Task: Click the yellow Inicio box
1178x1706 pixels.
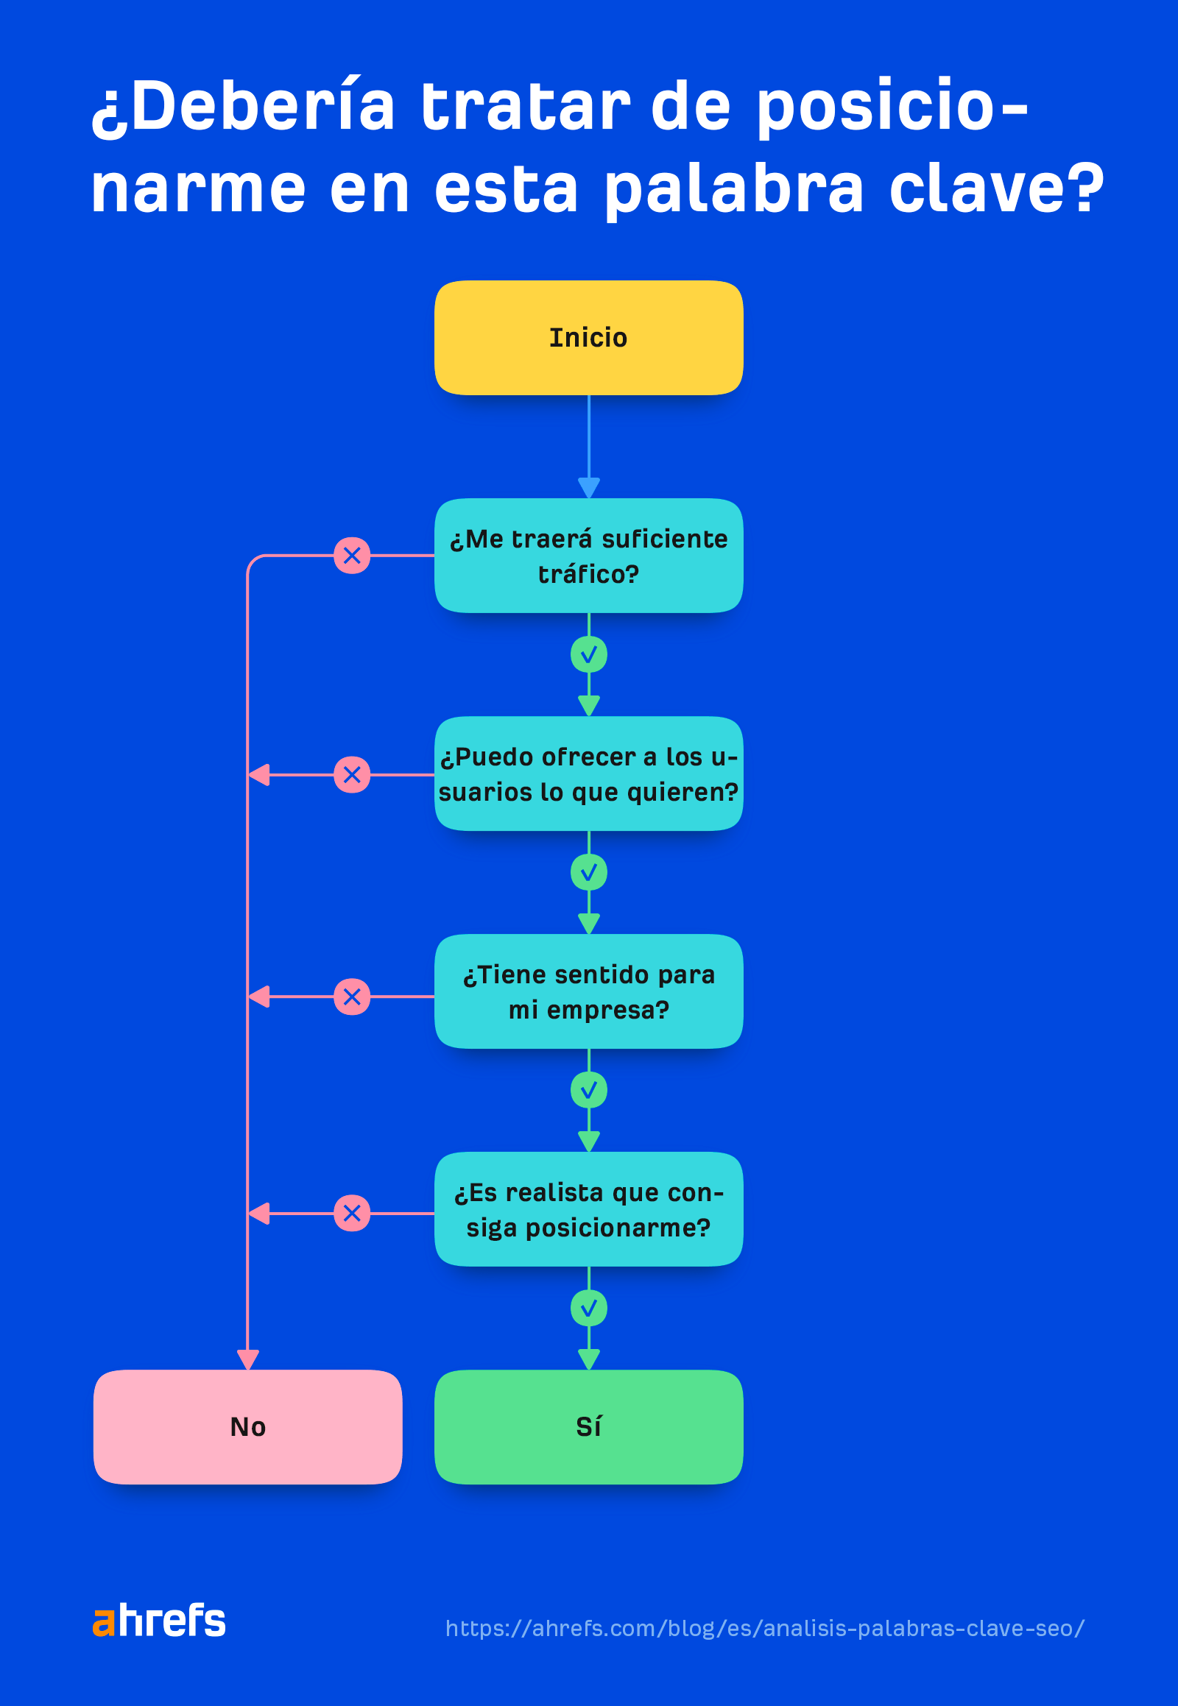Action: pos(588,337)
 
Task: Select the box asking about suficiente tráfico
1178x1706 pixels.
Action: pos(588,556)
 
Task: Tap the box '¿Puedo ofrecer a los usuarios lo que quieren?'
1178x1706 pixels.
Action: pos(588,774)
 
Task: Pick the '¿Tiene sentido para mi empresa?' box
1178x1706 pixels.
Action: pos(588,991)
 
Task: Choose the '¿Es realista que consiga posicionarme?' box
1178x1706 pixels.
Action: pos(588,1208)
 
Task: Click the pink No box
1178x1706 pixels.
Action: pos(247,1426)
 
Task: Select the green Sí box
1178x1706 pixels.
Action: pos(588,1426)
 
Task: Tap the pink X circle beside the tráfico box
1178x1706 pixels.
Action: pos(352,556)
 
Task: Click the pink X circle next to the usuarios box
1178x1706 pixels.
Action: pos(352,775)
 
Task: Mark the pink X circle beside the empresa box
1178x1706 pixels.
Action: pos(352,997)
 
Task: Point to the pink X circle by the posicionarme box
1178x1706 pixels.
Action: pos(352,1213)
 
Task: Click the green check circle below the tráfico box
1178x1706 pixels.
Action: pos(588,654)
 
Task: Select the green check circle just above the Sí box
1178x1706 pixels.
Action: pos(588,1309)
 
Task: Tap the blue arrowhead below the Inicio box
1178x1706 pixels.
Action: pos(588,487)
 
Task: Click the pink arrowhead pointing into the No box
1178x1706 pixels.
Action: pos(247,1359)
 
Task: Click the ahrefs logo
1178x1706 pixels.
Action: pos(159,1621)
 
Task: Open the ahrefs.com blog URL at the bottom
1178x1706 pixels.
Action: pos(765,1628)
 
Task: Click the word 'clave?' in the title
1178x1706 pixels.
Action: pos(995,189)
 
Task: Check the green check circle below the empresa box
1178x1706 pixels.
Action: pos(588,1090)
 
